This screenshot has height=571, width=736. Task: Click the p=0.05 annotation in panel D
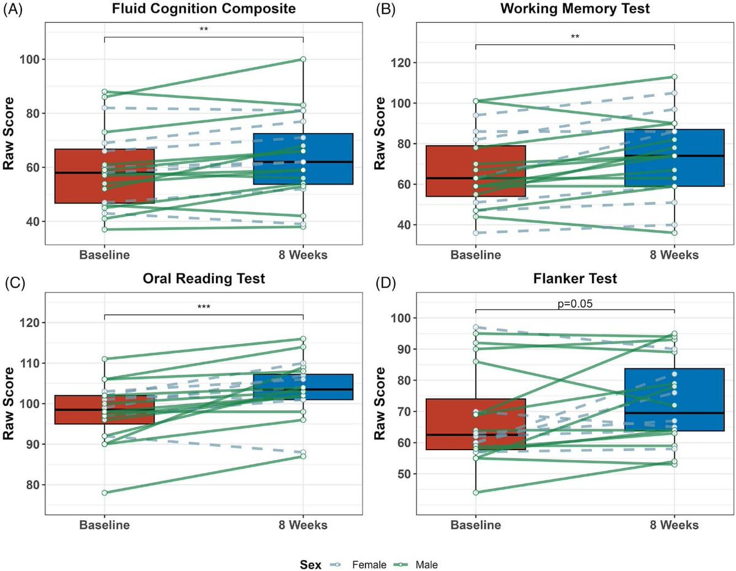[x=575, y=303]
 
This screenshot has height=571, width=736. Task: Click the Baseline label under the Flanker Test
[x=475, y=525]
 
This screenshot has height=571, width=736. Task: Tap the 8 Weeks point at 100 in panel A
[x=303, y=59]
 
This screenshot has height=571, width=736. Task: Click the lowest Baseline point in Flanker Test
[x=475, y=492]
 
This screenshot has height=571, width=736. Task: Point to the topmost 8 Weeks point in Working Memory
[x=674, y=77]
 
